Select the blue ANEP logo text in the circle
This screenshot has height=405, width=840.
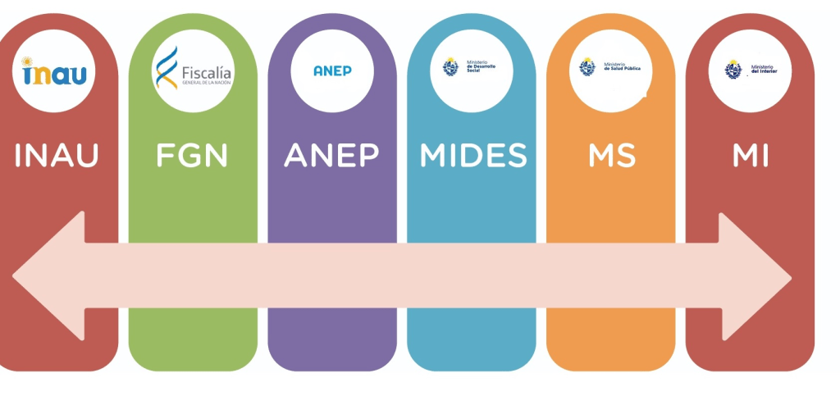(332, 71)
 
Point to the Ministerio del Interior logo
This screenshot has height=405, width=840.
(749, 70)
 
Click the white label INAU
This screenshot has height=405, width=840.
(57, 156)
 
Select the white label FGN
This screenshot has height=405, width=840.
(192, 156)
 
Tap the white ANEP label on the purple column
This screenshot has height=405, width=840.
(331, 156)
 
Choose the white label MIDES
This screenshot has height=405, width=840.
(473, 156)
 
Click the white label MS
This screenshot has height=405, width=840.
(612, 156)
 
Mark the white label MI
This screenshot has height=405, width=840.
(750, 156)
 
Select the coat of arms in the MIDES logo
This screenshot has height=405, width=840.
(450, 67)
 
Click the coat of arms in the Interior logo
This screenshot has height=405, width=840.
(733, 69)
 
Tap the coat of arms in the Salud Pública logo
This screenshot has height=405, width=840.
(587, 67)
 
